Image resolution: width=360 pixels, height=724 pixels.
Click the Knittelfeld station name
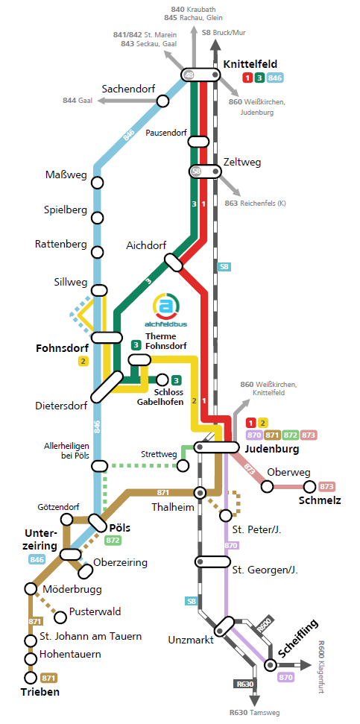coord(250,64)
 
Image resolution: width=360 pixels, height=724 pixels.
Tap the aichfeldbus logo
coord(166,310)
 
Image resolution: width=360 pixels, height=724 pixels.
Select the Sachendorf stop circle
coord(162,101)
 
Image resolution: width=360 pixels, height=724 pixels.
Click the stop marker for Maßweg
coord(97,183)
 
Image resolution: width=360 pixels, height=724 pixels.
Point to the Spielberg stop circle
coord(97,218)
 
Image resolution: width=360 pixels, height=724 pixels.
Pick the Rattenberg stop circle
coord(97,252)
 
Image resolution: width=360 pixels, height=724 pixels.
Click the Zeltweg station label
coord(241,163)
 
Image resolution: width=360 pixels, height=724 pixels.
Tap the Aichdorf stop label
coord(146,246)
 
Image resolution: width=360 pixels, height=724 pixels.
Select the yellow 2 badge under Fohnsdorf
coord(83,362)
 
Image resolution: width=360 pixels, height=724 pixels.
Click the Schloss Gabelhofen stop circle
coord(162,380)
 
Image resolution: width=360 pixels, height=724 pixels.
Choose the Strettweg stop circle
coord(183,466)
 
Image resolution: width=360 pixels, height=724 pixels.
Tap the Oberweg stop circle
coord(267,486)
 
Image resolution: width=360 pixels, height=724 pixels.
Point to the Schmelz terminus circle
coord(309,486)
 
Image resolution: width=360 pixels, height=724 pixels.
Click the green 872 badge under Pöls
coord(113,541)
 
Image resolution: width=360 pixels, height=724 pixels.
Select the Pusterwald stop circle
coord(60,617)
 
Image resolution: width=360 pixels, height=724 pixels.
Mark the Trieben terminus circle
coord(31,677)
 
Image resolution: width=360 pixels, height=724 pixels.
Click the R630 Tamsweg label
coord(254,713)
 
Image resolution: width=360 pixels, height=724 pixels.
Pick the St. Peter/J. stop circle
coord(226,514)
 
